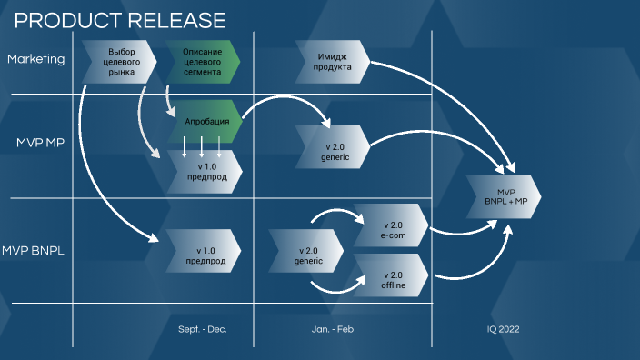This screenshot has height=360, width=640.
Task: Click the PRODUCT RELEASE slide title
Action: tap(120, 19)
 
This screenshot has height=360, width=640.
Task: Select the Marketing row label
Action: tap(36, 59)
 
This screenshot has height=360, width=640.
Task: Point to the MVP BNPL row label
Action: tap(38, 250)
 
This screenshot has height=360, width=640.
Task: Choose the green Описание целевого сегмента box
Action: tap(202, 61)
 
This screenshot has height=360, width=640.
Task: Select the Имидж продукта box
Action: tap(332, 61)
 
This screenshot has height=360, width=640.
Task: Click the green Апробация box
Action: tap(206, 121)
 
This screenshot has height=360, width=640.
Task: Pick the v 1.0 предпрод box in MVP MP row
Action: tap(205, 172)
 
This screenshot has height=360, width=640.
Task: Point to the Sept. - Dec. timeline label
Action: tap(202, 329)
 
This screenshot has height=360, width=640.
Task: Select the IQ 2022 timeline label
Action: tap(503, 329)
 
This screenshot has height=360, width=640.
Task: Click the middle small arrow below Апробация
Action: tap(202, 147)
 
